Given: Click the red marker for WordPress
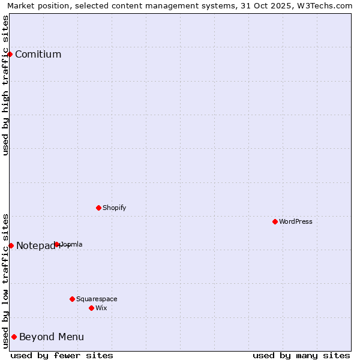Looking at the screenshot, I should coord(275,221).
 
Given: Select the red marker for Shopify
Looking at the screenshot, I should coord(98,208).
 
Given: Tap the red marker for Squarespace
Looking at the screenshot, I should coord(72,299).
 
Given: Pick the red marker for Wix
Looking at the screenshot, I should coord(91,308).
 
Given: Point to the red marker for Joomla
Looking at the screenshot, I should coord(57,244).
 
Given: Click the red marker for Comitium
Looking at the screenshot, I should coord(10,54).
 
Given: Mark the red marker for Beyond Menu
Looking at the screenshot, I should coord(14,337).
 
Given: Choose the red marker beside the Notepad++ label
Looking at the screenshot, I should coord(11,245).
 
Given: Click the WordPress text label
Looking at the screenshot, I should coord(296,221).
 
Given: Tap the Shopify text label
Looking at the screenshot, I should coord(114,208).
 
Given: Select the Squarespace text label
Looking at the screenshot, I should coord(97,299).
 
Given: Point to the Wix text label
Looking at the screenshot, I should coord(101,308).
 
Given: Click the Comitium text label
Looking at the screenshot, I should coord(38,55).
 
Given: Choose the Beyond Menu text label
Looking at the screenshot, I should coord(52,337).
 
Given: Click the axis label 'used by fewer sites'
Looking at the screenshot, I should coord(62,355).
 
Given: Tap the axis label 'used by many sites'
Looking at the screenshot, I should coord(301,355).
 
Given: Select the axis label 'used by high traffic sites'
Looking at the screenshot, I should coord(6,86).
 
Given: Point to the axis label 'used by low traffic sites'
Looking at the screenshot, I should coord(6,281).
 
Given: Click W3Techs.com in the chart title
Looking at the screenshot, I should coord(328,5).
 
